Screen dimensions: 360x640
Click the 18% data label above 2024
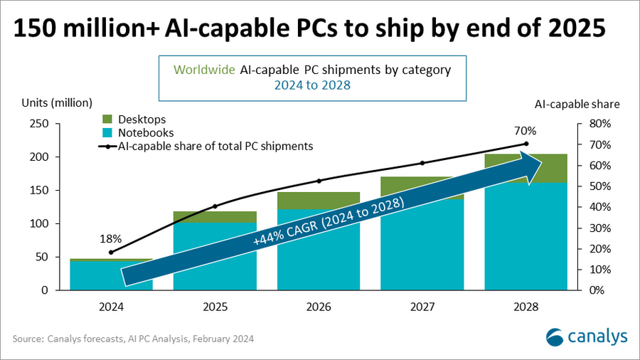(x=111, y=238)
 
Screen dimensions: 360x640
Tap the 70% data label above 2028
(x=526, y=131)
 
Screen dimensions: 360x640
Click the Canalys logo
(x=586, y=336)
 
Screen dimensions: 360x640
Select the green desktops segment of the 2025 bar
(x=215, y=217)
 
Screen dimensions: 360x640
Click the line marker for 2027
(x=422, y=163)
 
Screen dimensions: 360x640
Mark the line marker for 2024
(x=111, y=253)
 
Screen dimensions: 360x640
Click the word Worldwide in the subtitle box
(x=198, y=71)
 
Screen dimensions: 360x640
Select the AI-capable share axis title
(x=577, y=104)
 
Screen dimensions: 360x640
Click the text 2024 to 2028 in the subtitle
(x=312, y=85)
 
